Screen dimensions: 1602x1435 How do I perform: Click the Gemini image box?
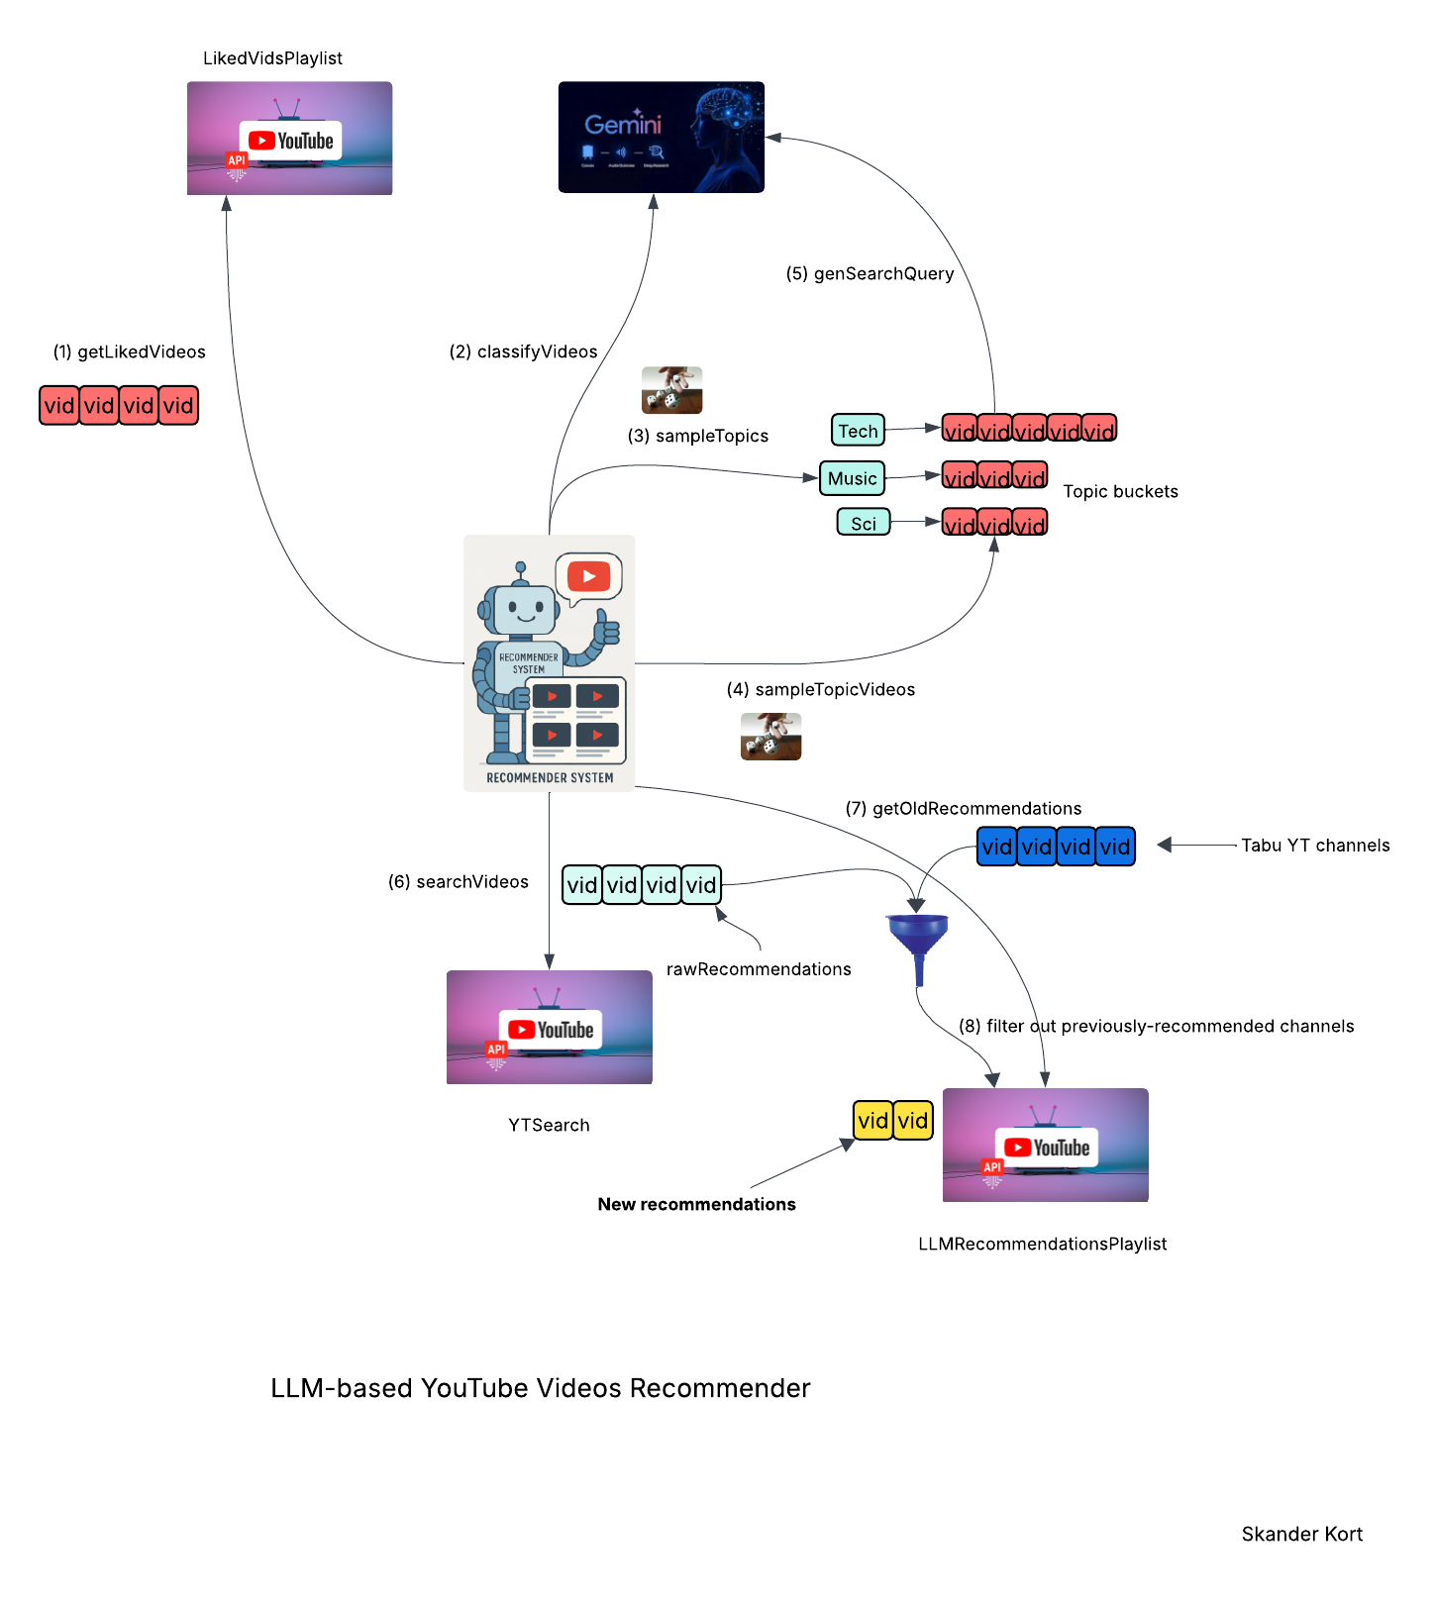(661, 137)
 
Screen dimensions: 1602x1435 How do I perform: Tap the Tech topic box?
(858, 431)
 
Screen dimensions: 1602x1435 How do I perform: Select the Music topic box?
(852, 478)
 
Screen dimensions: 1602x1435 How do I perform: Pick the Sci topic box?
(864, 523)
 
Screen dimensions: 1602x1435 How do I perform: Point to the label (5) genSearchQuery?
(870, 274)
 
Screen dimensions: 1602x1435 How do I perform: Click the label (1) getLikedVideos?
(130, 352)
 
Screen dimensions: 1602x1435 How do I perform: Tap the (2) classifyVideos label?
(523, 352)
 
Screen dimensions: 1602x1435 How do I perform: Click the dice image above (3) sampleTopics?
(671, 390)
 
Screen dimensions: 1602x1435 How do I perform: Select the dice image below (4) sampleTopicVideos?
(770, 737)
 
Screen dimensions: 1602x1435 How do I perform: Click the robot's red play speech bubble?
(589, 576)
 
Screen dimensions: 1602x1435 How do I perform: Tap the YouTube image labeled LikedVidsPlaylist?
(289, 139)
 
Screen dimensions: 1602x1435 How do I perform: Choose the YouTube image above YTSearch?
(549, 1027)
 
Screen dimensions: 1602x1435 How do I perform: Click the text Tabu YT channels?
(1315, 846)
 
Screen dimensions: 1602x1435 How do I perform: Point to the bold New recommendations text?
(696, 1205)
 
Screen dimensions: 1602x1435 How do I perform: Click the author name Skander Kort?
(1301, 1535)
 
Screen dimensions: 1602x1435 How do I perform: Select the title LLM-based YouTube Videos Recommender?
(540, 1388)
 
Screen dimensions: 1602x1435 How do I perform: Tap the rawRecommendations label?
(759, 969)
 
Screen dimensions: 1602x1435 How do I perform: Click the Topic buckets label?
(1120, 492)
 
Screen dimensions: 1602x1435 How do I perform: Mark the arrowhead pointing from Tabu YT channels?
(1165, 845)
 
